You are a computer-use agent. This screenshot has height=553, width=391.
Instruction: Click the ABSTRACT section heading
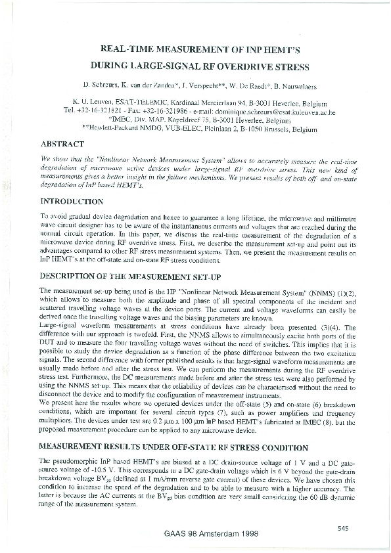tap(62, 144)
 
